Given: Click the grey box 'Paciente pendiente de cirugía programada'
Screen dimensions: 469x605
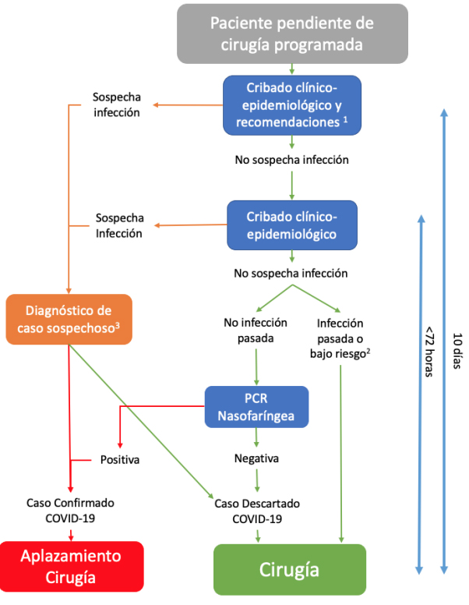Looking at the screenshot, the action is pyautogui.click(x=292, y=34).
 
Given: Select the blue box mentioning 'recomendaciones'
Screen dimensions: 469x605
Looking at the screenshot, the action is pyautogui.click(x=292, y=105).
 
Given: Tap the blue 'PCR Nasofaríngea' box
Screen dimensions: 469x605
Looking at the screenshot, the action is pyautogui.click(x=256, y=407).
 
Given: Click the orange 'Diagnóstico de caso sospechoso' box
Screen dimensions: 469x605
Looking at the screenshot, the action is pyautogui.click(x=69, y=319).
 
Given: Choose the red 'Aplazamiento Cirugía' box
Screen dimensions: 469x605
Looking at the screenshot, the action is pyautogui.click(x=72, y=567).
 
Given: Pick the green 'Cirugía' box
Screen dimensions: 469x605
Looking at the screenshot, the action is pyautogui.click(x=290, y=569).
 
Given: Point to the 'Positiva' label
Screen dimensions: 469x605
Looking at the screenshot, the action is pyautogui.click(x=119, y=459).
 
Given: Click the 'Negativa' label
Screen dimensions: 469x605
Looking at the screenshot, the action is pyautogui.click(x=256, y=458).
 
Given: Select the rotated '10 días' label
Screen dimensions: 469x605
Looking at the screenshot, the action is pyautogui.click(x=457, y=351).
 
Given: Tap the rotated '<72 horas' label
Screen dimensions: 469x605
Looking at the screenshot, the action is pyautogui.click(x=429, y=352).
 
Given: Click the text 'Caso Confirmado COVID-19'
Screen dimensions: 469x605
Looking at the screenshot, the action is pyautogui.click(x=70, y=510).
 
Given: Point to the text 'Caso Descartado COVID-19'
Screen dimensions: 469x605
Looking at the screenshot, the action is pyautogui.click(x=257, y=511).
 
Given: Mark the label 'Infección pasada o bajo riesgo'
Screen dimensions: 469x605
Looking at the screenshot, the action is pyautogui.click(x=340, y=338).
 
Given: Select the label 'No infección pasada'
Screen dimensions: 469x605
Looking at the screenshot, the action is pyautogui.click(x=256, y=330).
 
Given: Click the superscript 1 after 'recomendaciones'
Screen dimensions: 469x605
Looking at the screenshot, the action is pyautogui.click(x=345, y=119).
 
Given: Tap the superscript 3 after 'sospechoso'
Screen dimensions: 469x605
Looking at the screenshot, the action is pyautogui.click(x=117, y=326).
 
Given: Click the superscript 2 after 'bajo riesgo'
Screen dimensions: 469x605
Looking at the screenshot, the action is pyautogui.click(x=368, y=351).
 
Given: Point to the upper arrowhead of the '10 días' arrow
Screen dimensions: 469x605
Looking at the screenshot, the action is pyautogui.click(x=444, y=112).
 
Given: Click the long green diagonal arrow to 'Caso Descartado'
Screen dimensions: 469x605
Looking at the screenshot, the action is pyautogui.click(x=141, y=422).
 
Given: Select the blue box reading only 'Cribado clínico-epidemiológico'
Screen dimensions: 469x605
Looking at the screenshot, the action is pyautogui.click(x=292, y=225).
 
